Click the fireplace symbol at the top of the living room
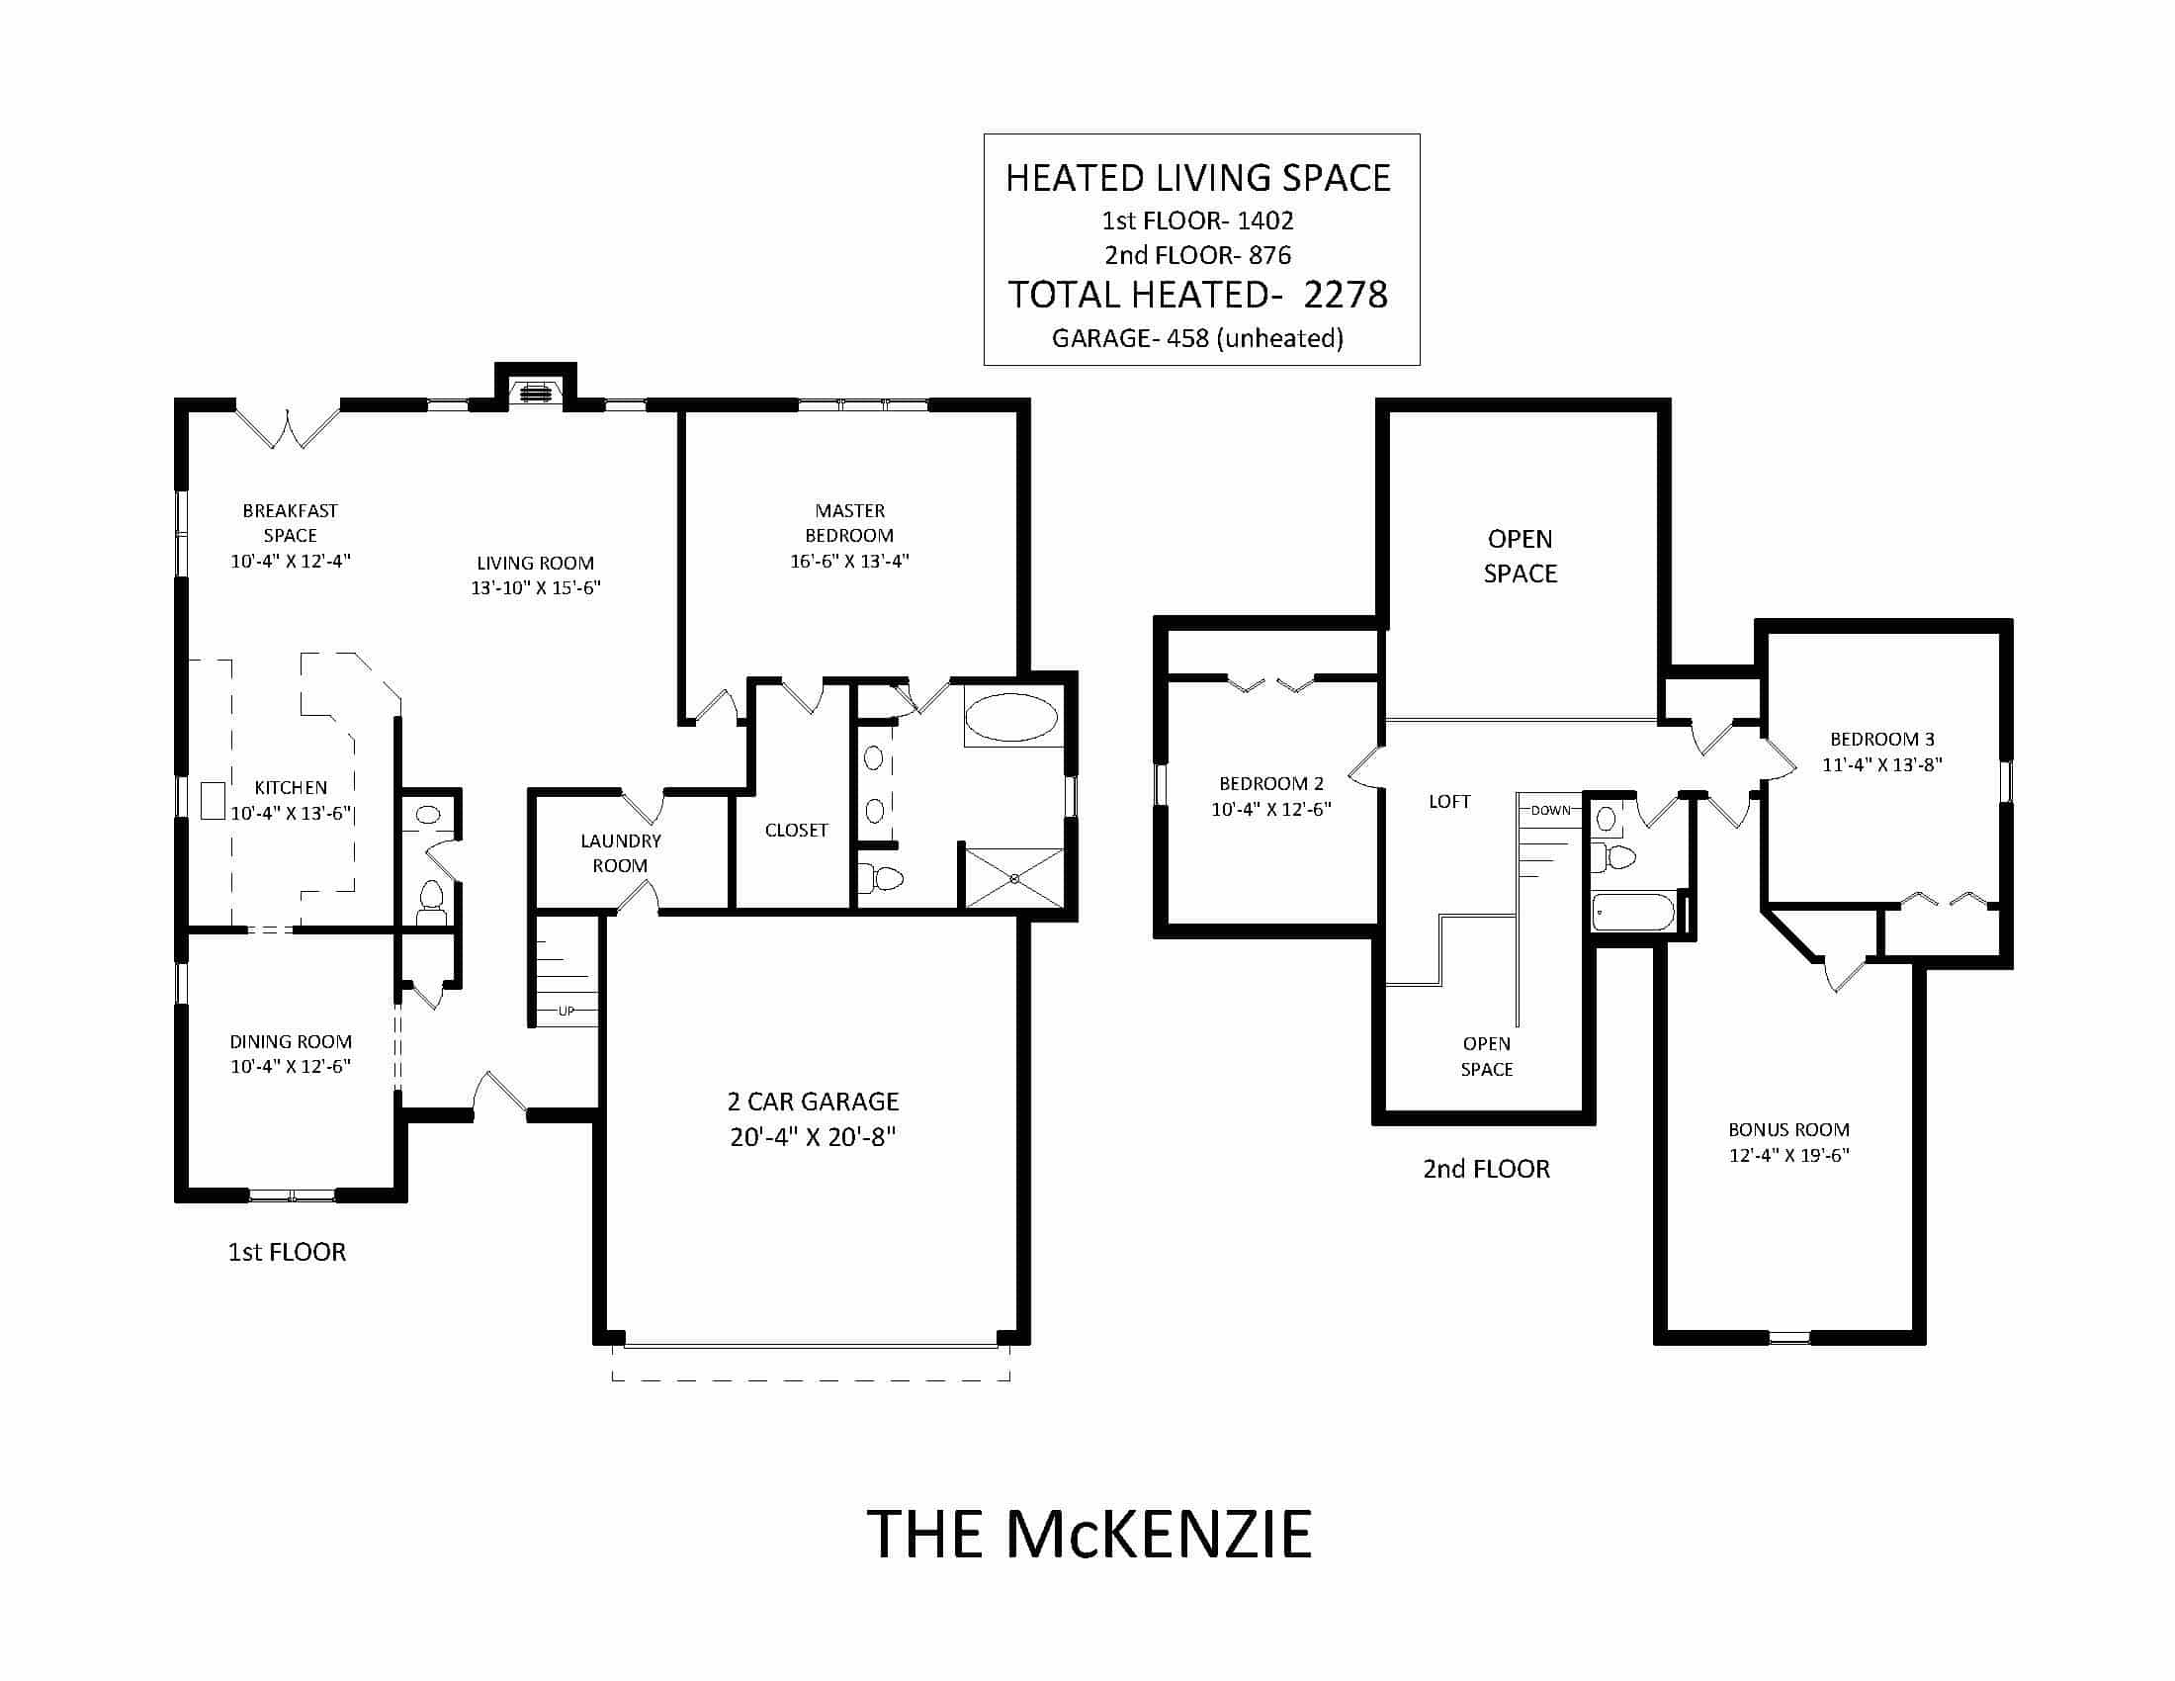[x=536, y=391]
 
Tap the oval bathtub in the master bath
[x=1011, y=718]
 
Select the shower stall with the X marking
[x=1013, y=877]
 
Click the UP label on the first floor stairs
[x=565, y=1011]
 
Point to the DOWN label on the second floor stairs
[x=1550, y=810]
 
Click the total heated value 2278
[x=1346, y=295]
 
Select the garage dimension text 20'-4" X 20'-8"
[x=813, y=1137]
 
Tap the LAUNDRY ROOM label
[x=621, y=853]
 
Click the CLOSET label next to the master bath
[x=796, y=831]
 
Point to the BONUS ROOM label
[x=1788, y=1129]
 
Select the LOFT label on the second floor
[x=1449, y=802]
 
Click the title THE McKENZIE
[x=1088, y=1535]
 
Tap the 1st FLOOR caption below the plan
[x=287, y=1252]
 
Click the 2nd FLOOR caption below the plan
[x=1486, y=1169]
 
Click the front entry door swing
[x=498, y=1093]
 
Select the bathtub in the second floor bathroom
[x=1632, y=912]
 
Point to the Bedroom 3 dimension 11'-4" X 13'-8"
[x=1882, y=764]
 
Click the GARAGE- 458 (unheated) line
[x=1197, y=338]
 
